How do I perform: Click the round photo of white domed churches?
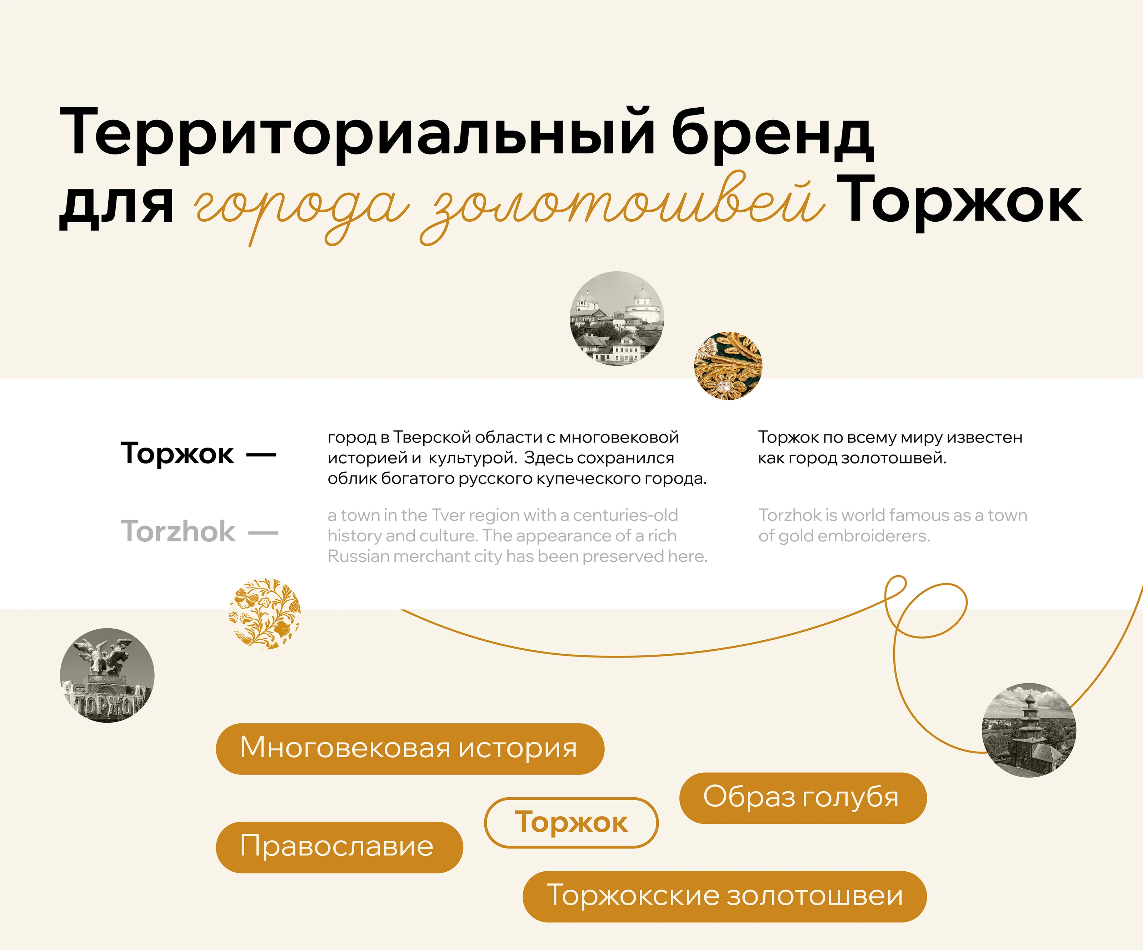tap(617, 318)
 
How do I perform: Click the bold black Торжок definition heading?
tap(178, 453)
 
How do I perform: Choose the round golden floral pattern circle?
tap(265, 613)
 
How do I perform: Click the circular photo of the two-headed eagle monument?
tap(107, 675)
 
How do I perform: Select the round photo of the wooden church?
tap(1029, 730)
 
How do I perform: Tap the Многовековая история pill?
tap(410, 748)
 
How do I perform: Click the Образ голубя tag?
tap(803, 798)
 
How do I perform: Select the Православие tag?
tap(339, 847)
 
